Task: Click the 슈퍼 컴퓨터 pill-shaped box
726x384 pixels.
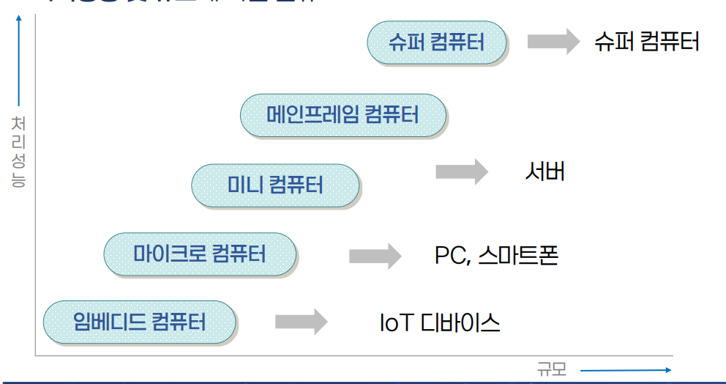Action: pos(437,42)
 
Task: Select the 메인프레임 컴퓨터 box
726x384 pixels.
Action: pos(343,115)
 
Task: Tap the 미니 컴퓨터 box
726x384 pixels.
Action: pos(275,185)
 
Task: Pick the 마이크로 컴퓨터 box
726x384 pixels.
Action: pos(200,254)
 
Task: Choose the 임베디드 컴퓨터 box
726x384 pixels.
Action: pos(140,321)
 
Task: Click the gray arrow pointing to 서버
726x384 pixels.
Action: pos(461,171)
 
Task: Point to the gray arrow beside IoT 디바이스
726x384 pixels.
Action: pos(301,321)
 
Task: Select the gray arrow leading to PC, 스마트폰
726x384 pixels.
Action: pos(375,256)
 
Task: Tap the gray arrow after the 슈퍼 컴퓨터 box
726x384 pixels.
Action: pos(553,41)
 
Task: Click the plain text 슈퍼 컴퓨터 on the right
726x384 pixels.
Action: pos(647,41)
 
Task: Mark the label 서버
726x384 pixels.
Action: pos(544,171)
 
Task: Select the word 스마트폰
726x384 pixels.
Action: pos(518,256)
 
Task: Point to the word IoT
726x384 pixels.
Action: pos(397,322)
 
